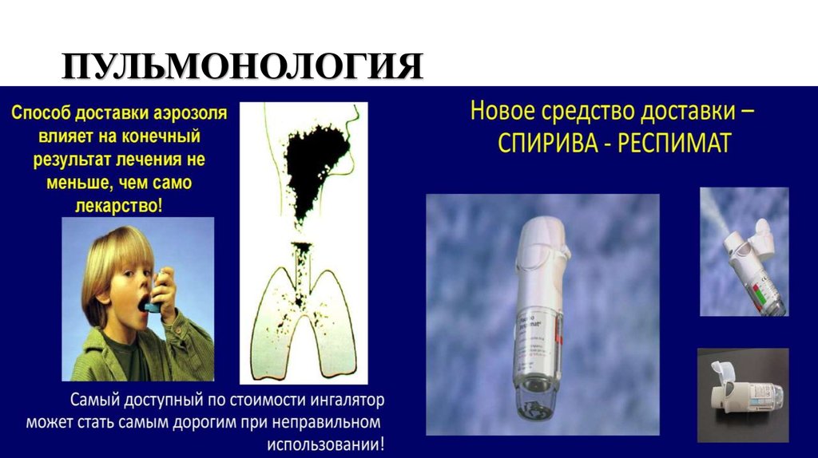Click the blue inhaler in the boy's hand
coord(160,292)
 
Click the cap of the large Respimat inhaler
coord(546,239)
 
